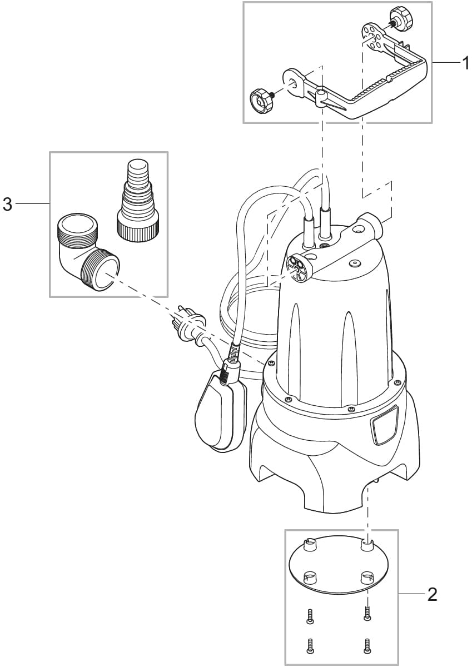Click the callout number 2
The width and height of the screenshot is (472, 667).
point(431,595)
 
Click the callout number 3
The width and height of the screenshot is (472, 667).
point(7,205)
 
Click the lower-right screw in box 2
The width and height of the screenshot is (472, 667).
point(366,645)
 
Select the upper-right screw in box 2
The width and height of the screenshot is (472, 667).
point(367,613)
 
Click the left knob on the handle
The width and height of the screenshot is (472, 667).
point(262,100)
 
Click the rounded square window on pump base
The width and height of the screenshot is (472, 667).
point(384,425)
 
